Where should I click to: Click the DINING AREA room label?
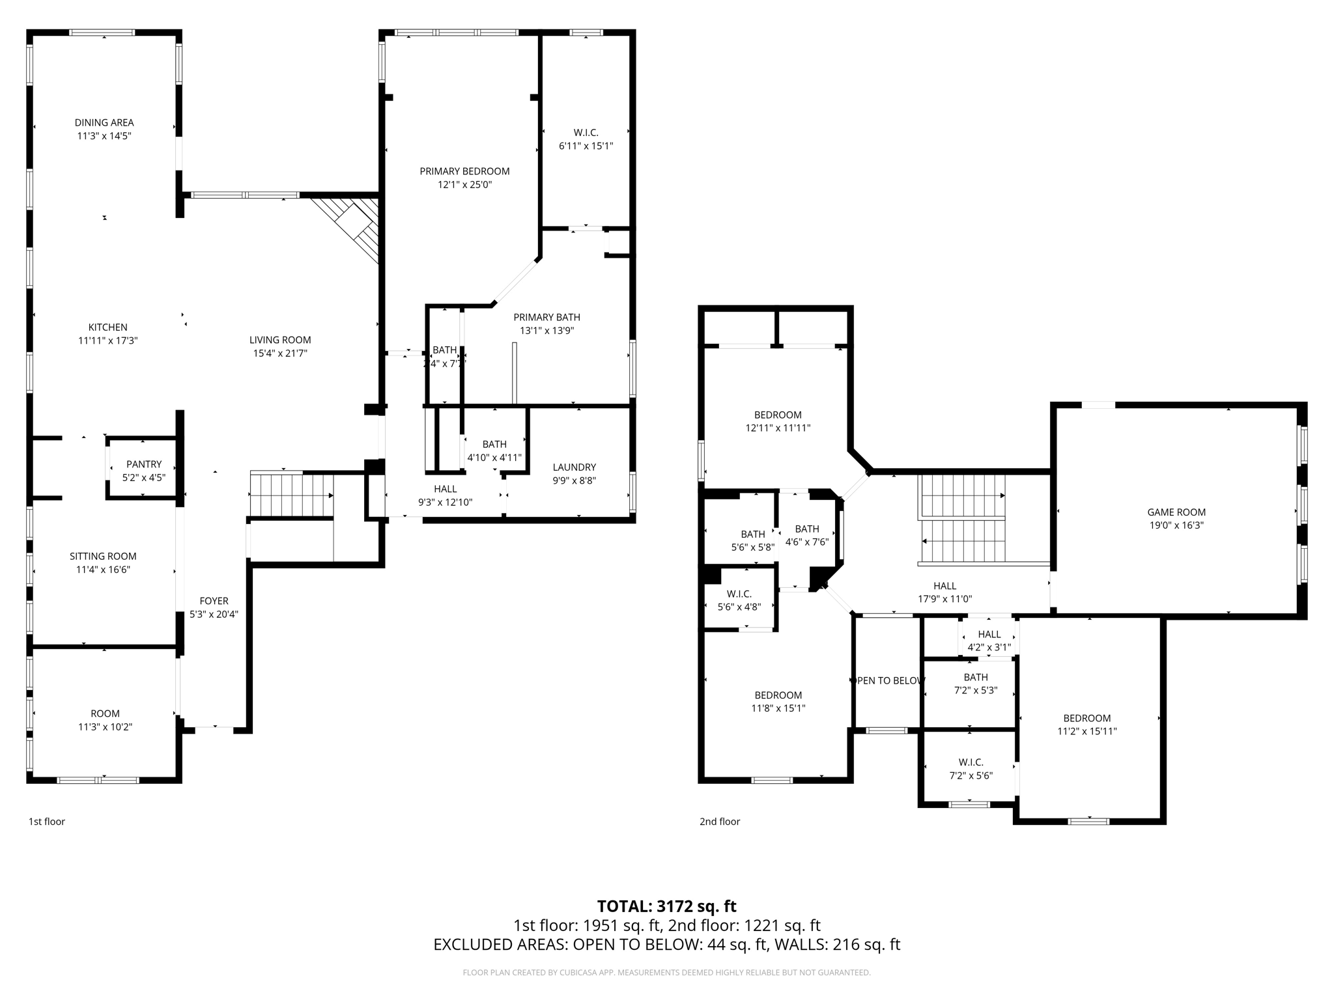(x=104, y=122)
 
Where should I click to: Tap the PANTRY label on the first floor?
(x=144, y=464)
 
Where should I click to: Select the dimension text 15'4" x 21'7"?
(x=280, y=354)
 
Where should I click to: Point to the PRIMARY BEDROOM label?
(x=464, y=171)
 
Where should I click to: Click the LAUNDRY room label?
(x=574, y=467)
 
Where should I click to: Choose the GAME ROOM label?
(x=1176, y=512)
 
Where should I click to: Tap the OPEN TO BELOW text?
(x=888, y=680)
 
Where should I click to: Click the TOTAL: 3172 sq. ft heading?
(x=666, y=906)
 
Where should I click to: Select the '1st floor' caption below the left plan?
(x=47, y=822)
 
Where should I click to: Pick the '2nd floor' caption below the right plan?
(x=720, y=822)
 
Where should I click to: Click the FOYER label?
(x=214, y=601)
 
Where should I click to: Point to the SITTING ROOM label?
(x=103, y=556)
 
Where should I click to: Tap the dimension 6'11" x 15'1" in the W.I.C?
(x=586, y=146)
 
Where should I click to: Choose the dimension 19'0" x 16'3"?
(x=1176, y=525)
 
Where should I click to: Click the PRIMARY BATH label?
(x=546, y=317)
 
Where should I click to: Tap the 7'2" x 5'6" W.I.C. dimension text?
(x=971, y=775)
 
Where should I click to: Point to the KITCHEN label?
(x=108, y=327)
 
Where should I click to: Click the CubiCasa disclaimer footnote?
(x=666, y=973)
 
